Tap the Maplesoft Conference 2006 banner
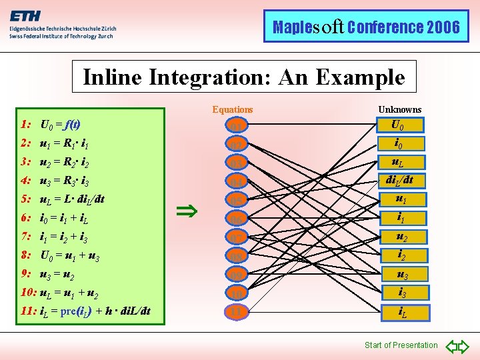coord(366,27)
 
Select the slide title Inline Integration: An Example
coord(243,77)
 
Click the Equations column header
coord(233,109)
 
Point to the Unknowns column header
coord(400,109)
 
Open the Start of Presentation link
coord(401,345)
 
